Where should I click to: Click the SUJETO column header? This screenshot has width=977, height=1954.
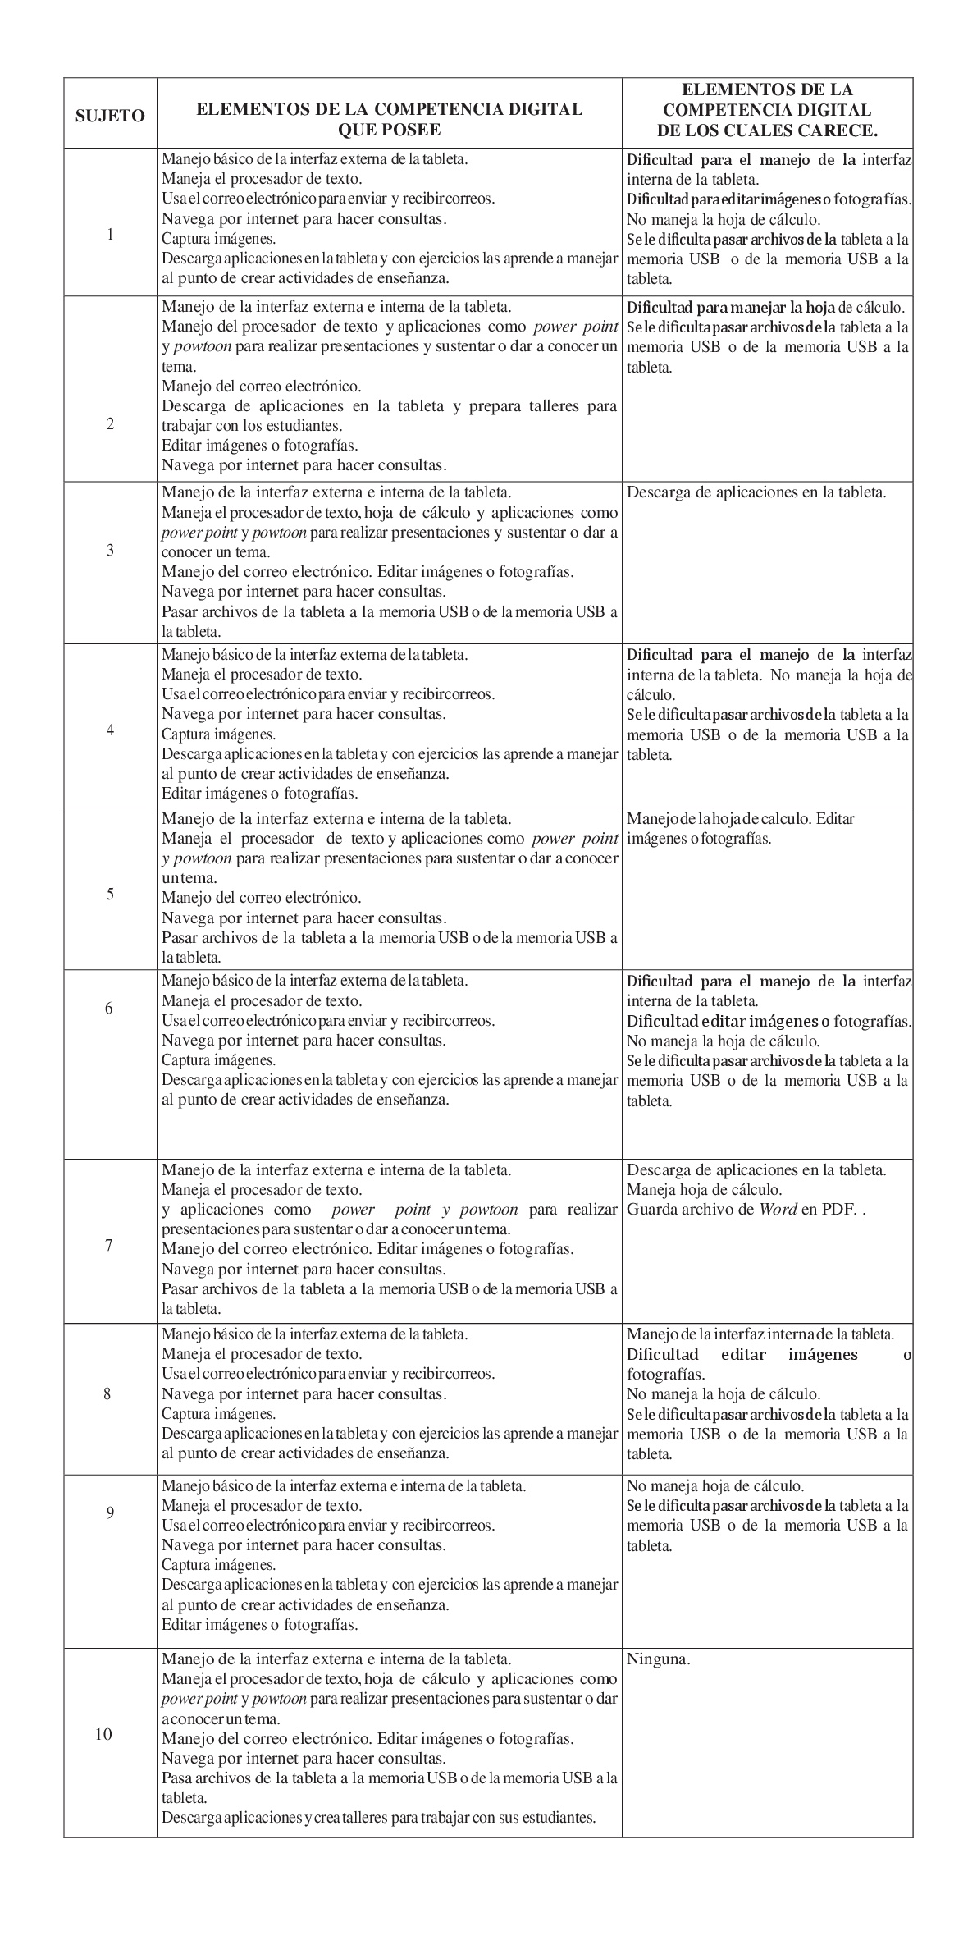click(x=110, y=116)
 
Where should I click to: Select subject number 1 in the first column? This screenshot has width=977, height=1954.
click(x=110, y=235)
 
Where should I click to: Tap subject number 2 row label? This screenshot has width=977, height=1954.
click(x=110, y=424)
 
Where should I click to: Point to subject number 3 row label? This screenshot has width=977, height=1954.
click(x=110, y=550)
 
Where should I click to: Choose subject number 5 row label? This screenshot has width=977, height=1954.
click(x=110, y=894)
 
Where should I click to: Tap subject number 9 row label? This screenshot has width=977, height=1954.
click(x=109, y=1512)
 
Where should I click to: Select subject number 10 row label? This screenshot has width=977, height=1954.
click(x=104, y=1734)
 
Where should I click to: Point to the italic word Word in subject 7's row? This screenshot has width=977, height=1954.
click(x=778, y=1209)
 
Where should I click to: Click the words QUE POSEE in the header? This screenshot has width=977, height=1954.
click(x=390, y=130)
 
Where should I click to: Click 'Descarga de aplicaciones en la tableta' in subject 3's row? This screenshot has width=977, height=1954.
click(x=756, y=492)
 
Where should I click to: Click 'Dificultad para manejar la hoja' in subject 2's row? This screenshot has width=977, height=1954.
click(x=730, y=308)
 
